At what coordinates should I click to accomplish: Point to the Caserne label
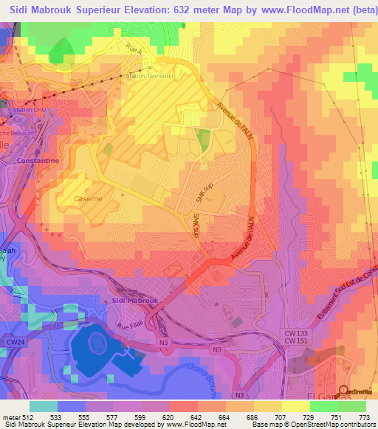pos(87,198)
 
